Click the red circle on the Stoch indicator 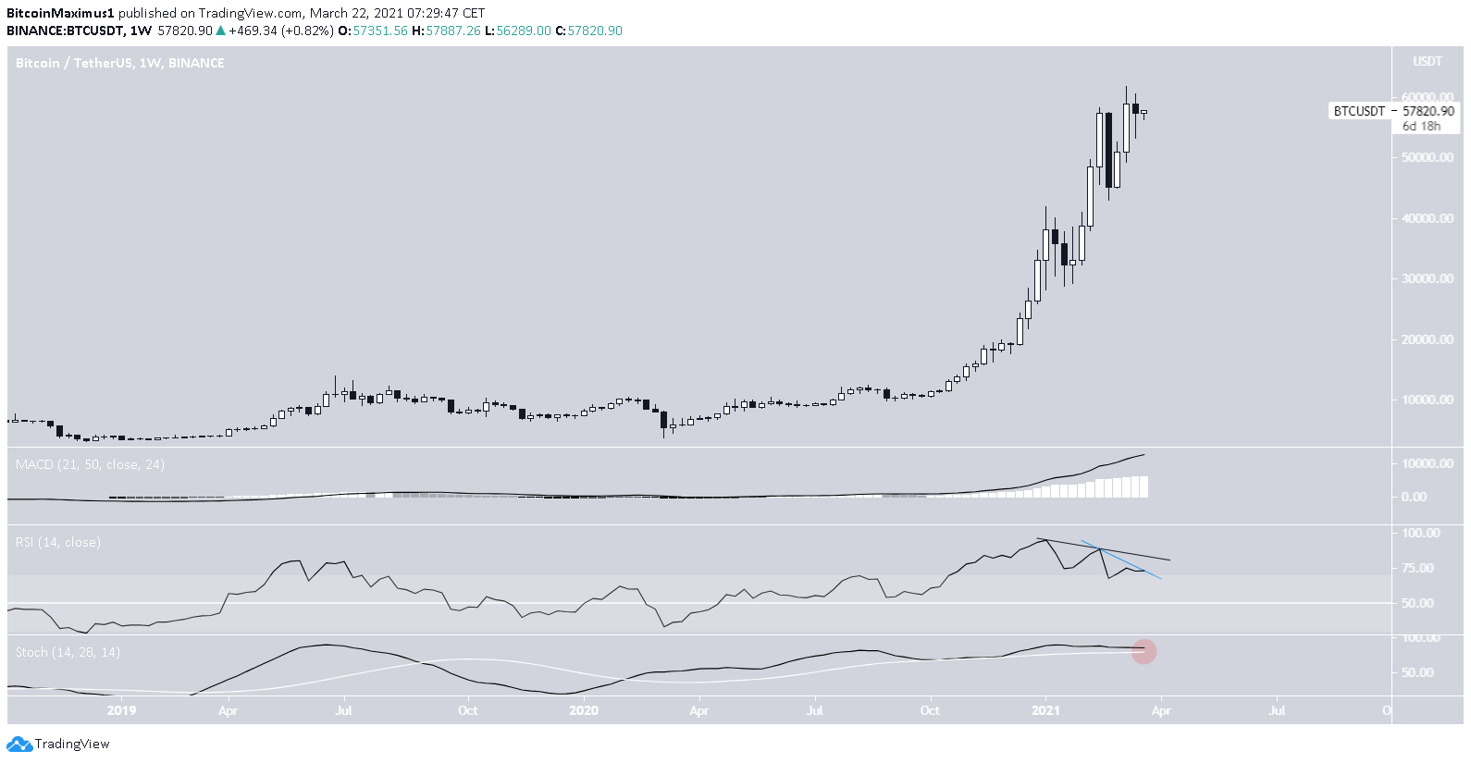click(x=1144, y=652)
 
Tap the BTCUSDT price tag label click(x=1359, y=111)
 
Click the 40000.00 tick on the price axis click(x=1428, y=218)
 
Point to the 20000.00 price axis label click(x=1428, y=339)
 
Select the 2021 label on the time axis click(x=1045, y=710)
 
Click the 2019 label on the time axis click(x=121, y=710)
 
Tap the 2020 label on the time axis click(x=584, y=710)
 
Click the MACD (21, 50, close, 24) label click(x=90, y=464)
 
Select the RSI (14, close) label click(x=58, y=542)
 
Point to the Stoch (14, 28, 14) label click(x=68, y=652)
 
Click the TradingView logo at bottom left click(x=58, y=745)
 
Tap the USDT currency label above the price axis click(x=1428, y=62)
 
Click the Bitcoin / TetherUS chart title click(x=119, y=63)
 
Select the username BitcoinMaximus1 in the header click(x=60, y=13)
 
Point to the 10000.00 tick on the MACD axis click(x=1428, y=463)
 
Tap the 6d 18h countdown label click(x=1421, y=126)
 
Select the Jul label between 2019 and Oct click(x=343, y=710)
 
